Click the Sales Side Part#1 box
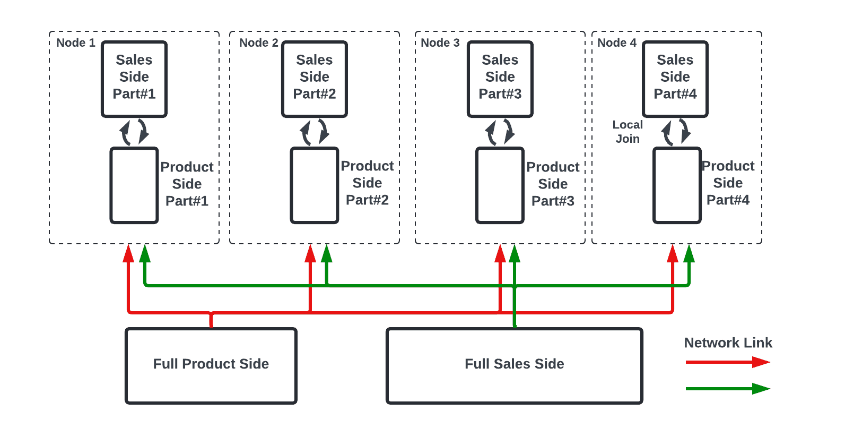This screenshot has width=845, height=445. [x=134, y=79]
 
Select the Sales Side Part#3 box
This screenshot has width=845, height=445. [x=500, y=79]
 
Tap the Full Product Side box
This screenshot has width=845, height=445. [x=211, y=365]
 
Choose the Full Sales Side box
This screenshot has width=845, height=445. [x=514, y=365]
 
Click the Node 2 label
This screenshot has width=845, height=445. [x=258, y=43]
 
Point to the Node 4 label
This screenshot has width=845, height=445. [x=616, y=43]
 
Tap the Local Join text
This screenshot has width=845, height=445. [x=628, y=132]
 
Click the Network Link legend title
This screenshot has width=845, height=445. [x=728, y=343]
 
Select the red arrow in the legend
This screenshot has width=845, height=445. [x=727, y=362]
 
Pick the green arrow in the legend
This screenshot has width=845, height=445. [x=727, y=389]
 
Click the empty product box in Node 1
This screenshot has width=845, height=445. [x=134, y=185]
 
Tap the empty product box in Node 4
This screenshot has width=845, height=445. [x=677, y=185]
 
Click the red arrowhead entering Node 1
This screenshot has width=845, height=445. [x=128, y=253]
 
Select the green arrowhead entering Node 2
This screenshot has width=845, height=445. [x=327, y=253]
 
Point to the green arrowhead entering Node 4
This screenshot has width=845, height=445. [x=689, y=253]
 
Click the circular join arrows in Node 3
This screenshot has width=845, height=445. [x=500, y=132]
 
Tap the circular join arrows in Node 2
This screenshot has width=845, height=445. [x=315, y=132]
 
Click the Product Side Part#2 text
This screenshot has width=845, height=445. [x=367, y=183]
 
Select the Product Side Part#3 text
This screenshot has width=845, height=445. [x=553, y=184]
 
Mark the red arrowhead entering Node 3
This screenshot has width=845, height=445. [x=500, y=253]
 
